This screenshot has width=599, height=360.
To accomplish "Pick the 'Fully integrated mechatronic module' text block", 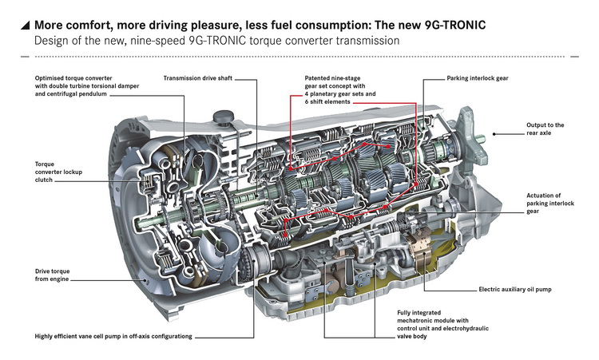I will click(x=451, y=326).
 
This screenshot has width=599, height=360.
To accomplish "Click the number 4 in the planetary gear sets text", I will click(x=307, y=94).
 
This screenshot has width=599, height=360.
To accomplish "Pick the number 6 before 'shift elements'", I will click(x=307, y=102).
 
